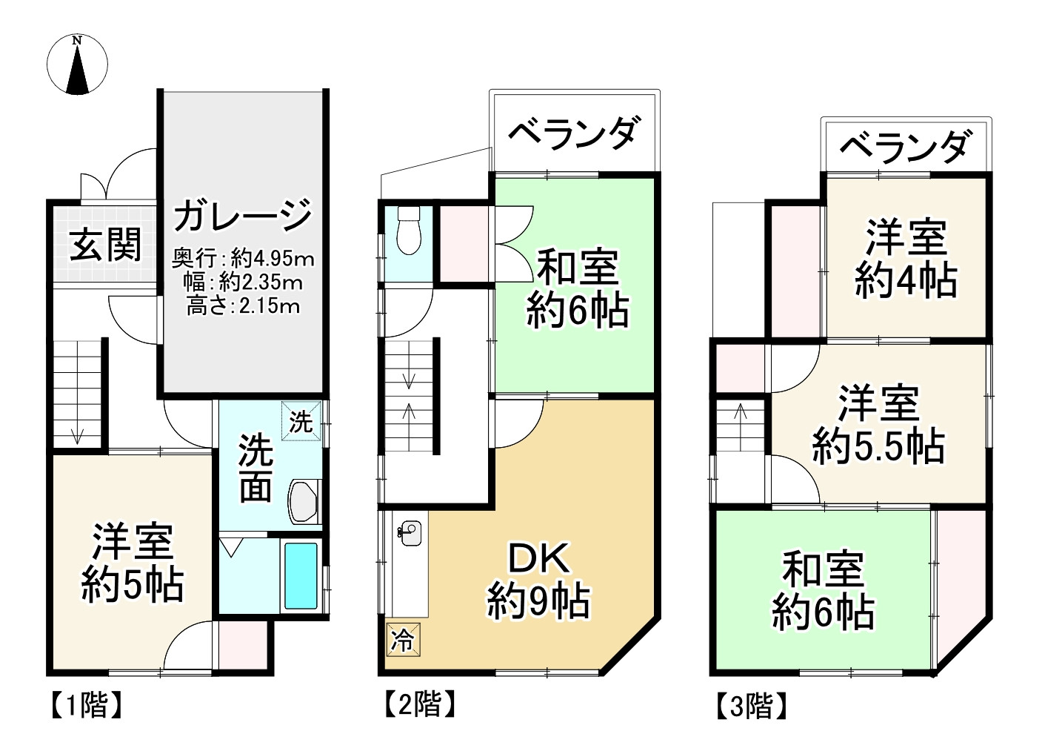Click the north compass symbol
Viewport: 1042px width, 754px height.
tap(77, 65)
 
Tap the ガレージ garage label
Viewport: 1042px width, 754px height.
tap(243, 215)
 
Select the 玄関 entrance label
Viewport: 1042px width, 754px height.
tap(105, 245)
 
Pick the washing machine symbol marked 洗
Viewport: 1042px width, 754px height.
tap(301, 421)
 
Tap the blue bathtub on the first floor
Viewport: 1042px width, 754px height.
tap(301, 575)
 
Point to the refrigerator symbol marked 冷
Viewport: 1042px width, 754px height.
tap(403, 639)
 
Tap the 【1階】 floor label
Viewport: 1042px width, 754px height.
tap(84, 705)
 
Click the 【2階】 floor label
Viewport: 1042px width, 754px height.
tap(418, 704)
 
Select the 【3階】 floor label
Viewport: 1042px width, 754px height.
tap(750, 706)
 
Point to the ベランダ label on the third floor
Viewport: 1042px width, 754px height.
tap(904, 147)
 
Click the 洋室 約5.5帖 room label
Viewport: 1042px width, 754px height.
tap(878, 424)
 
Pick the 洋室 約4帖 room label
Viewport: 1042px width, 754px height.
tap(906, 259)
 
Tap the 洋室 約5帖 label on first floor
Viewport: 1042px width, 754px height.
tap(133, 562)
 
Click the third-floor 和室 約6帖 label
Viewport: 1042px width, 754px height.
tap(823, 590)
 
